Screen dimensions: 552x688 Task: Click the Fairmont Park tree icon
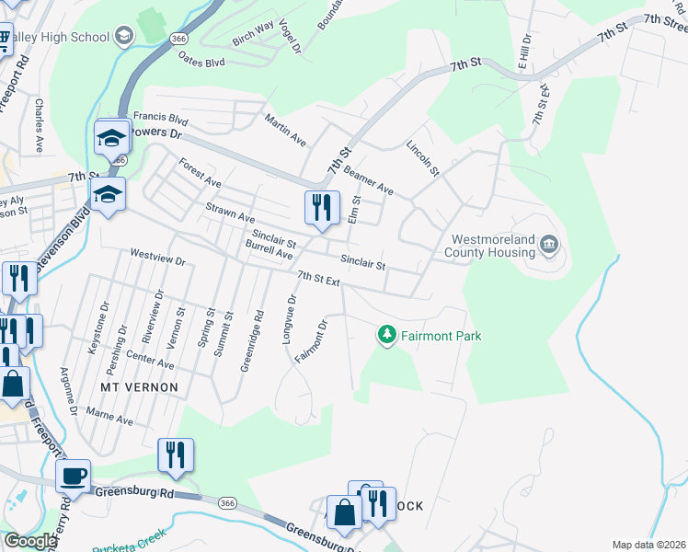(x=387, y=335)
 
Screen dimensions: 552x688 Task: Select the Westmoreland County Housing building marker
(x=549, y=244)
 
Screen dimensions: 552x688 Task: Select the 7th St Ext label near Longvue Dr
(x=319, y=277)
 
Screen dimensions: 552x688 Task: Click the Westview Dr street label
(x=158, y=260)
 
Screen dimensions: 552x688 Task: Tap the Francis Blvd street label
(x=160, y=119)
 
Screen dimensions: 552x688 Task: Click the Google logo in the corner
(x=29, y=541)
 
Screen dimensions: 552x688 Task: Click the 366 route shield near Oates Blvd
(x=178, y=37)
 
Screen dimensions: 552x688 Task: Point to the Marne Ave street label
(x=110, y=420)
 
